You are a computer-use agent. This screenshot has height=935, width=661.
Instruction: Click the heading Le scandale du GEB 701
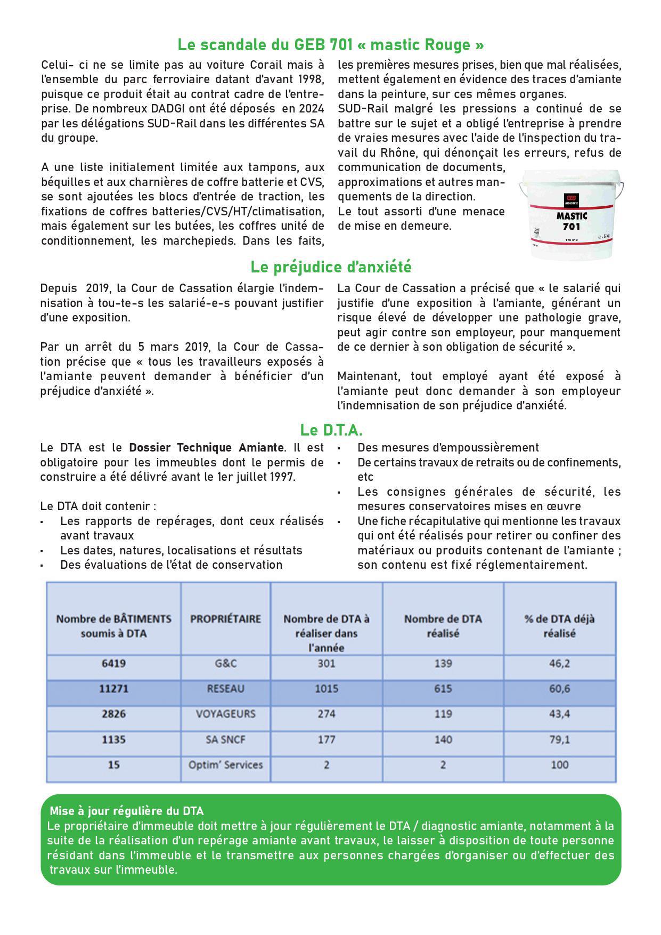[x=330, y=45]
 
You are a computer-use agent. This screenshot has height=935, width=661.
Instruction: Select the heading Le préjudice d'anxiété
[x=331, y=266]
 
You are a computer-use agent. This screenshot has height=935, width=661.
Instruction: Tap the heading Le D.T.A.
[x=331, y=430]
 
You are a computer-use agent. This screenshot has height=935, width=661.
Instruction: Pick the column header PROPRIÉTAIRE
[x=225, y=619]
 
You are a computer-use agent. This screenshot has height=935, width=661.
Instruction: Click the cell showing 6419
[x=113, y=664]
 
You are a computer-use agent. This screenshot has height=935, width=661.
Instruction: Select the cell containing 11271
[x=113, y=689]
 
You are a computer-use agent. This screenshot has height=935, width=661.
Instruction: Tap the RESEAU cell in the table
[x=225, y=689]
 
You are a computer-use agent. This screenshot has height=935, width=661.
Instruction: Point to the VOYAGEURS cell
[x=225, y=714]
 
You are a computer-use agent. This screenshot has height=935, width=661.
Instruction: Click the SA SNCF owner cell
[x=225, y=739]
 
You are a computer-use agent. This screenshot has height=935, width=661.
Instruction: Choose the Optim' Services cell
[x=225, y=764]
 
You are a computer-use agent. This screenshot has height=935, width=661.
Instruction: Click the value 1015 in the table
[x=326, y=689]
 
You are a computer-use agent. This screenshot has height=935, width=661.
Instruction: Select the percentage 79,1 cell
[x=559, y=739]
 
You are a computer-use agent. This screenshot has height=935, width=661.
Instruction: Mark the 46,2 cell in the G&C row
[x=559, y=664]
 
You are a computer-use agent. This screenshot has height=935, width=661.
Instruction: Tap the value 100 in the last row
[x=559, y=764]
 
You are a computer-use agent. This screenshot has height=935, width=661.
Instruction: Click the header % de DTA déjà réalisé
[x=559, y=626]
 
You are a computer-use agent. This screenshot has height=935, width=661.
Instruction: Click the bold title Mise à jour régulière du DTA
[x=127, y=811]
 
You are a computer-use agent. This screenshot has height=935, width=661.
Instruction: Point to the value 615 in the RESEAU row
[x=443, y=689]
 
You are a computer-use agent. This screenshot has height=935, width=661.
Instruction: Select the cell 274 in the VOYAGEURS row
[x=326, y=714]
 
